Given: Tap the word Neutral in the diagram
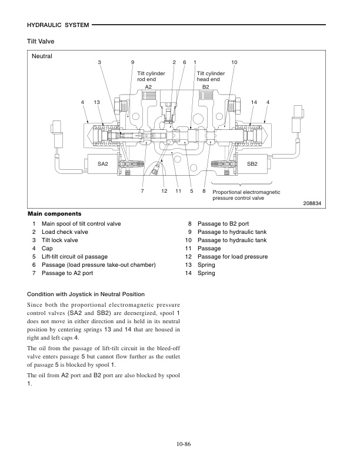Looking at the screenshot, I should pyautogui.click(x=43, y=57).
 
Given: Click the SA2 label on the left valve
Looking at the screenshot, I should pyautogui.click(x=103, y=164).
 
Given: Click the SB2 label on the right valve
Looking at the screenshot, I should pyautogui.click(x=252, y=164).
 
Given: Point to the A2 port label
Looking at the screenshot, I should pyautogui.click(x=148, y=86).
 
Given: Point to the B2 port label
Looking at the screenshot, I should pyautogui.click(x=205, y=86).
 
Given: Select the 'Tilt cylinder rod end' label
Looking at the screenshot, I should pyautogui.click(x=151, y=76).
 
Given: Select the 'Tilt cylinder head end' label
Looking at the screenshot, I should pyautogui.click(x=209, y=76).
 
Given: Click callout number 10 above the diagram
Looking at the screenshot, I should pyautogui.click(x=234, y=62).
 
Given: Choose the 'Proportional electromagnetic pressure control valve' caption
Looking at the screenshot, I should pyautogui.click(x=246, y=195).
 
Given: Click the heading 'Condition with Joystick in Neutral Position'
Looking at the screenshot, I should pyautogui.click(x=86, y=294).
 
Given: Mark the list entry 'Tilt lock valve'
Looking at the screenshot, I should pyautogui.click(x=59, y=240).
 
